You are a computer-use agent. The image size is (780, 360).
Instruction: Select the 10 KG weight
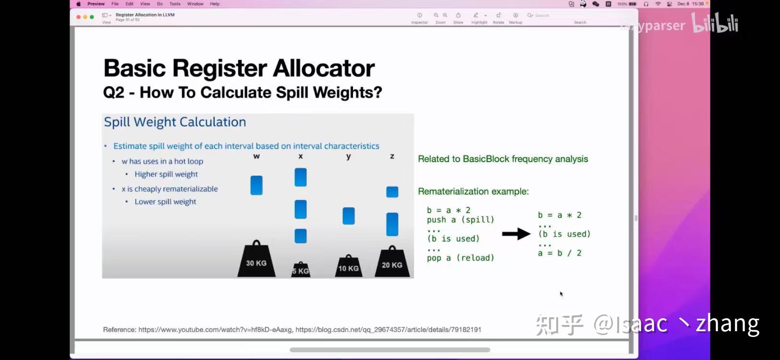click(x=348, y=266)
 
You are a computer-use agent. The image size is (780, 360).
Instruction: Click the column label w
click(x=256, y=156)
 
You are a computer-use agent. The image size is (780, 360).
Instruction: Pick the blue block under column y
click(x=349, y=216)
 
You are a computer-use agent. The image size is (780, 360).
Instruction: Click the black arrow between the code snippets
click(x=516, y=234)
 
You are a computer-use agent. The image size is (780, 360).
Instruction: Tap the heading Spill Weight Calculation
click(x=175, y=122)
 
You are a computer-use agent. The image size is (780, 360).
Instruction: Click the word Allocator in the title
click(x=324, y=68)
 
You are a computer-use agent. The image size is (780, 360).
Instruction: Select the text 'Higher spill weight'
click(x=166, y=174)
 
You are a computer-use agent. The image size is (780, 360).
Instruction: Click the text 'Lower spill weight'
click(x=165, y=202)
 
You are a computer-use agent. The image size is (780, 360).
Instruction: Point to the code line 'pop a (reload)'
click(x=460, y=258)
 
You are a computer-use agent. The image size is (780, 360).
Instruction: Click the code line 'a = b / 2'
click(x=560, y=253)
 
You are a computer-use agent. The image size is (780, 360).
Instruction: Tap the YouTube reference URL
click(x=215, y=330)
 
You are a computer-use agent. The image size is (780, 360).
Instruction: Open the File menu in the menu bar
click(x=115, y=4)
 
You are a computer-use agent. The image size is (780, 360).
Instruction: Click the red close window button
click(x=79, y=17)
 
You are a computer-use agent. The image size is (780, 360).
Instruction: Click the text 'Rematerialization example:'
click(x=473, y=192)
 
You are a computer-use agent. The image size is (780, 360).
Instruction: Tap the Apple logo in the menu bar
click(x=78, y=4)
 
